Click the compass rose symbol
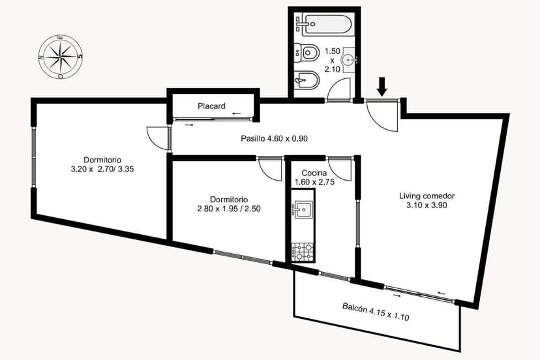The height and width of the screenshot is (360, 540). click(x=61, y=56)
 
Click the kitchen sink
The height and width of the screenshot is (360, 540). click(x=303, y=209)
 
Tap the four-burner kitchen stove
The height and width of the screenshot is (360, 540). click(x=303, y=250)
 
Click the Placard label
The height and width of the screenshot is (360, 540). click(x=211, y=106)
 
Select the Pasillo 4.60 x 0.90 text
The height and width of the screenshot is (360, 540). click(x=274, y=138)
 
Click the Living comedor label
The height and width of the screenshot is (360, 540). click(x=427, y=196)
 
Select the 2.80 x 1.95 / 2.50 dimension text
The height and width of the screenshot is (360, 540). click(x=228, y=209)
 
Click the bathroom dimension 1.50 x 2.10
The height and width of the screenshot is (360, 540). click(x=333, y=59)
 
